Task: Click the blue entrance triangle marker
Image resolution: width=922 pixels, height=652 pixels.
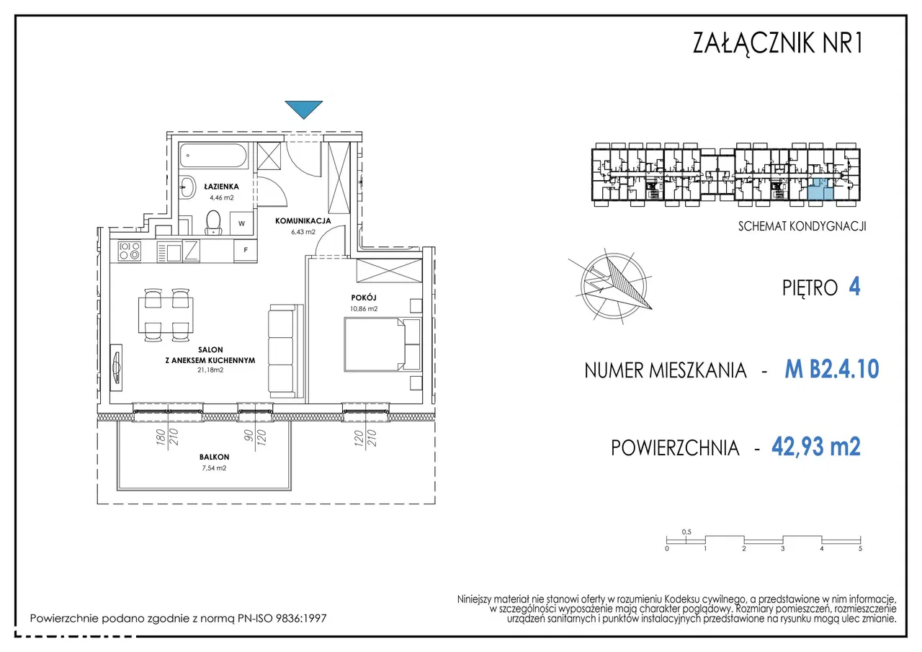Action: (304, 109)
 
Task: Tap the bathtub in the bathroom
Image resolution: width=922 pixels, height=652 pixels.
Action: (214, 155)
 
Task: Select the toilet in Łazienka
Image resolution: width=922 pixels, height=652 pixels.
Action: (213, 223)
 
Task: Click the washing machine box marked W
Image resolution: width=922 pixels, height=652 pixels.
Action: (241, 223)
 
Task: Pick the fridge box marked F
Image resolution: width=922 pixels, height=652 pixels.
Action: (246, 250)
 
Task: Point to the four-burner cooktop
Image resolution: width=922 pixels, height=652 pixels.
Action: (129, 251)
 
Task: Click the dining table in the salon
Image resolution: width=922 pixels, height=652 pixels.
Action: (166, 316)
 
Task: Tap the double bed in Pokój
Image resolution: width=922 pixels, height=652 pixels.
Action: (382, 344)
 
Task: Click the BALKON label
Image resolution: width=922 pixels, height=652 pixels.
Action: (214, 457)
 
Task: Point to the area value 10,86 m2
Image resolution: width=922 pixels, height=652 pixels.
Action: (364, 309)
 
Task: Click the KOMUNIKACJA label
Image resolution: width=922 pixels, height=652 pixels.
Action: (303, 221)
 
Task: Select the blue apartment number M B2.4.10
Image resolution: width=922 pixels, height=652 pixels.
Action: (832, 369)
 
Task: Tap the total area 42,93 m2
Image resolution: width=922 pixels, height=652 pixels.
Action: (816, 446)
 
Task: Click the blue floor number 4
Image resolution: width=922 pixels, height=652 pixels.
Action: (854, 287)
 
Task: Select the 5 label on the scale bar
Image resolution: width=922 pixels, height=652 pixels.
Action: (860, 549)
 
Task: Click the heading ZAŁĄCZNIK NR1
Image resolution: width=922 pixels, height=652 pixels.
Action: (777, 43)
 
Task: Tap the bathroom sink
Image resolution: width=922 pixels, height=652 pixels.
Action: (188, 188)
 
